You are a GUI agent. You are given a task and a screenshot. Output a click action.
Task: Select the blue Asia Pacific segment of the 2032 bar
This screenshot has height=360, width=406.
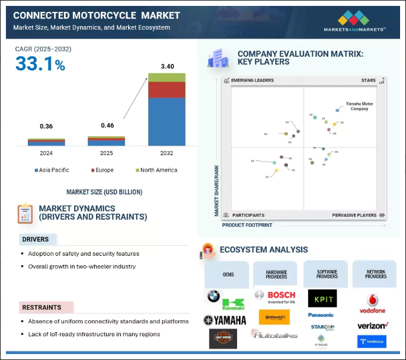pyautogui.click(x=167, y=121)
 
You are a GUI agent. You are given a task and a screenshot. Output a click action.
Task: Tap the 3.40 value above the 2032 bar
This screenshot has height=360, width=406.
pyautogui.click(x=167, y=66)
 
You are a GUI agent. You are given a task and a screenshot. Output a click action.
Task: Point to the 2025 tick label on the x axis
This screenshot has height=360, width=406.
pyautogui.click(x=106, y=153)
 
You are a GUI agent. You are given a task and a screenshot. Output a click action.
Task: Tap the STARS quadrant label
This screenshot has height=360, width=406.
pyautogui.click(x=368, y=80)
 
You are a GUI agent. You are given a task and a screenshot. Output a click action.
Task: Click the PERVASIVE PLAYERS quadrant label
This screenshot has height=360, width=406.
pyautogui.click(x=354, y=215)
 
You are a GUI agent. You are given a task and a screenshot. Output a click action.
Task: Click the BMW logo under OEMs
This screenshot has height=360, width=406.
pyautogui.click(x=213, y=296)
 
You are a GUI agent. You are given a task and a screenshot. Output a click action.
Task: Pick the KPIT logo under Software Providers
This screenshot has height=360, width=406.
pyautogui.click(x=322, y=298)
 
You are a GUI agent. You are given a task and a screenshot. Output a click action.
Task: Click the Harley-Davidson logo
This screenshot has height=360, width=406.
pyautogui.click(x=223, y=339)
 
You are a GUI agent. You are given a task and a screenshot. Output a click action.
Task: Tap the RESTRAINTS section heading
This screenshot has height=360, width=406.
pyautogui.click(x=41, y=307)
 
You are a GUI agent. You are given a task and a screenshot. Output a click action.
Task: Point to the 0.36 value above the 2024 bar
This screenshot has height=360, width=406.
pyautogui.click(x=46, y=126)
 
